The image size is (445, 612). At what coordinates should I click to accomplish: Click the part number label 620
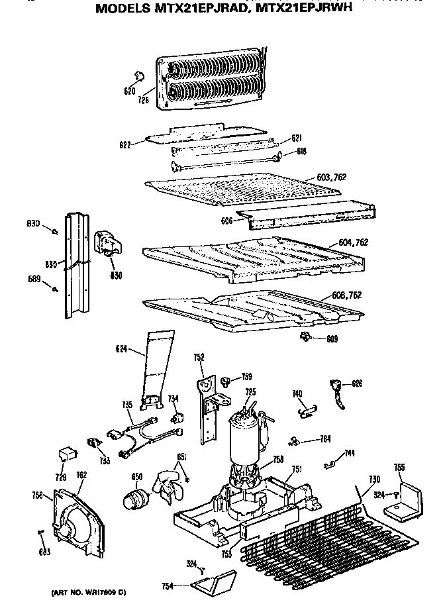(x=129, y=91)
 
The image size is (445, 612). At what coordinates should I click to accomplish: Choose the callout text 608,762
(x=345, y=295)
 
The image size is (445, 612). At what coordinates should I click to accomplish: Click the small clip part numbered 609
(x=305, y=338)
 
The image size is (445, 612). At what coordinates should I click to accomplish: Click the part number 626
(x=357, y=383)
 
